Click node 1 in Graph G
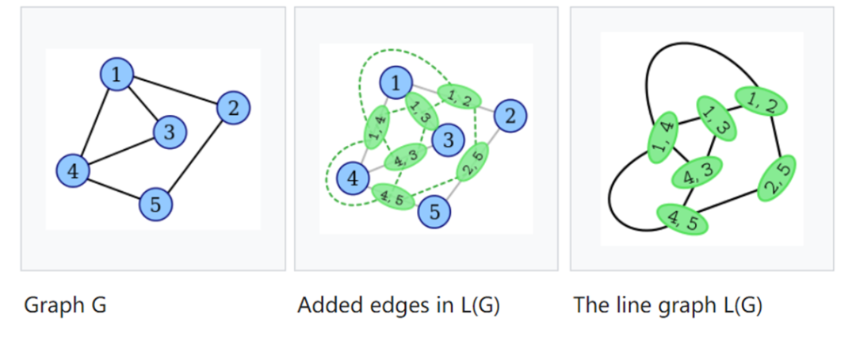point(117,75)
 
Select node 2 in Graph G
point(233,107)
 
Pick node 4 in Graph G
point(73,170)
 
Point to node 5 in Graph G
point(155,205)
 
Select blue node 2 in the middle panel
point(510,117)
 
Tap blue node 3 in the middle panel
point(448,141)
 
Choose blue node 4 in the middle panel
point(353,178)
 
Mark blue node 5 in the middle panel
point(434,211)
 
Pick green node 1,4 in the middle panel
point(377,126)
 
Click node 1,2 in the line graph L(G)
point(761,101)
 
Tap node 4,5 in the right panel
point(682,218)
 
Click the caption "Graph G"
point(65,305)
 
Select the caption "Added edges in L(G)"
point(398,305)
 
